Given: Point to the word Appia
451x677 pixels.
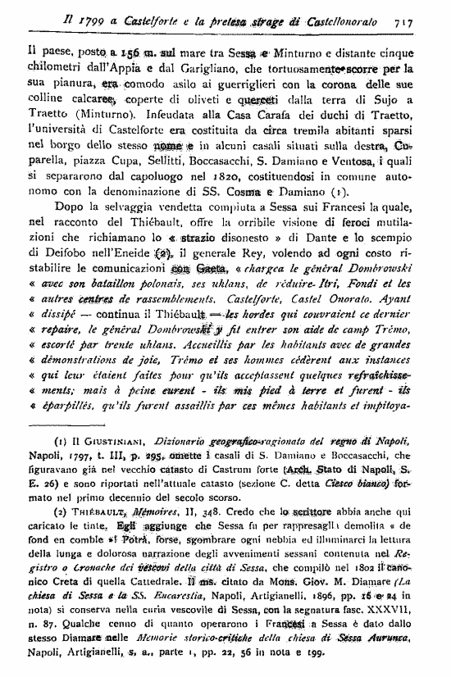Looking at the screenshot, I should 116,70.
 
